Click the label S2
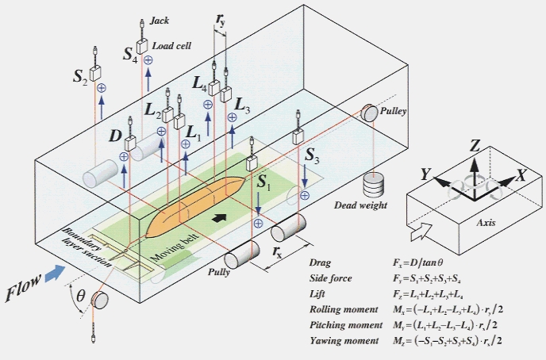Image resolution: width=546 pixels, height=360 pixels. (x=79, y=77)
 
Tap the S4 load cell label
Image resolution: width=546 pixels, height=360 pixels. (x=130, y=55)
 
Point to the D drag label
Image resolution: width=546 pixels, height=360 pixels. (x=116, y=138)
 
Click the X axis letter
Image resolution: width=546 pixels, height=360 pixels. (x=521, y=174)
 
